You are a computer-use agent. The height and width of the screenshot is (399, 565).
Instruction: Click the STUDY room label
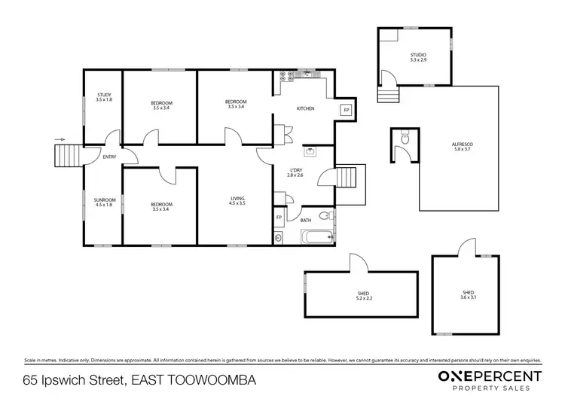coord(104,95)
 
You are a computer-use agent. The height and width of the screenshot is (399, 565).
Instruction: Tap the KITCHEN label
coord(305,109)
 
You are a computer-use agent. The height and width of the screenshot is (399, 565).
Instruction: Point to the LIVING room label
coord(238,199)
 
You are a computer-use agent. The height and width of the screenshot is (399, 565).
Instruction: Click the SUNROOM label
coord(104,201)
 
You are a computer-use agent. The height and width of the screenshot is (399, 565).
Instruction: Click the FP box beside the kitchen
coord(346,110)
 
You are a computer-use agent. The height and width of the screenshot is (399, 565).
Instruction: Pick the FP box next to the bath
coord(279,218)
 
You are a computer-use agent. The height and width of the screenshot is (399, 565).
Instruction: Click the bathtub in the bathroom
coord(313,238)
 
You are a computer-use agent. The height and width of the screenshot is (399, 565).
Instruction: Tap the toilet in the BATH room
coord(325,217)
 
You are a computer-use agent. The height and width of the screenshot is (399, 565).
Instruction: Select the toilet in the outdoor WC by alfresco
coord(405,138)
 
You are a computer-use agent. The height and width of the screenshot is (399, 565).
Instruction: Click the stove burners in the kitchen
coord(286,76)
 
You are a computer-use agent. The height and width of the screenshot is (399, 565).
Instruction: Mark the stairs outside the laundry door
coord(347,178)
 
